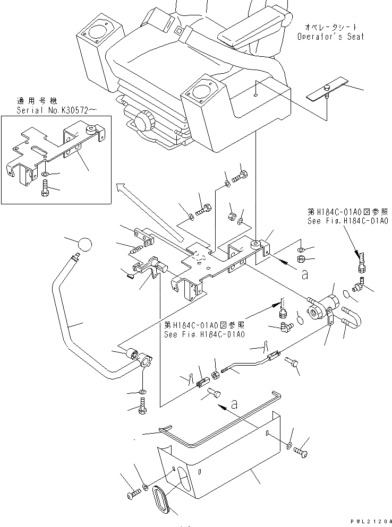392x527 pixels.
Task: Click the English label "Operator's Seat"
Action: [x=330, y=37]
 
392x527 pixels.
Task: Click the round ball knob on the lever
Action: [x=84, y=246]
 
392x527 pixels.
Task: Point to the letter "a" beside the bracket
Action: [x=304, y=274]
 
